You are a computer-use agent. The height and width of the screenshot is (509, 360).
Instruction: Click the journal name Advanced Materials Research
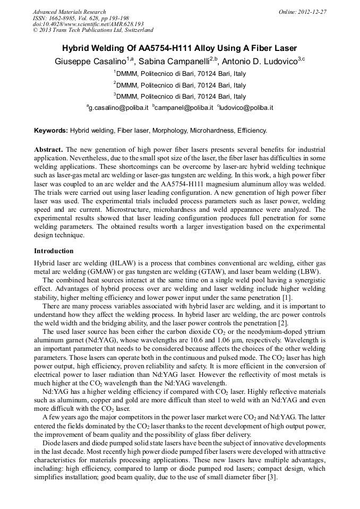tap(69, 12)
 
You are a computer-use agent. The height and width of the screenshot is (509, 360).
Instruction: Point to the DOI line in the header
tap(88, 24)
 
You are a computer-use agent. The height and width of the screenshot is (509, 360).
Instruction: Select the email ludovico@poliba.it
tap(246, 108)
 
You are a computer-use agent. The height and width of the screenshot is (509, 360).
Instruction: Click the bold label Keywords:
tap(51, 130)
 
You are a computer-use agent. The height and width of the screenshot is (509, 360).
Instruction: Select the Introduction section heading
tap(54, 251)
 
